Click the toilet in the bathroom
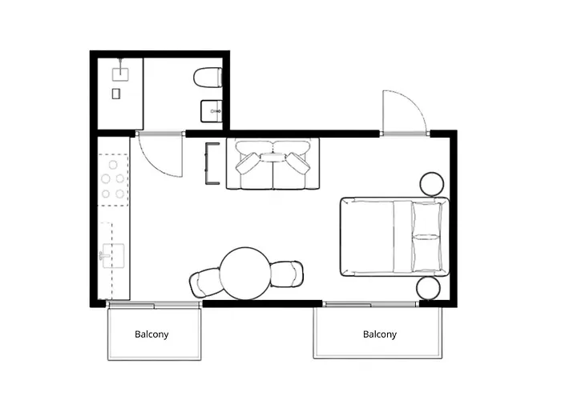point(208,78)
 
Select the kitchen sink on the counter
point(110,257)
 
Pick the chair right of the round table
point(287,273)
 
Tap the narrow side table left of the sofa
point(212,163)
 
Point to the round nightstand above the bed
point(433,183)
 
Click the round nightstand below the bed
point(429,288)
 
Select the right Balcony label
point(379,334)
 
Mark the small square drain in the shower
point(116,94)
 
